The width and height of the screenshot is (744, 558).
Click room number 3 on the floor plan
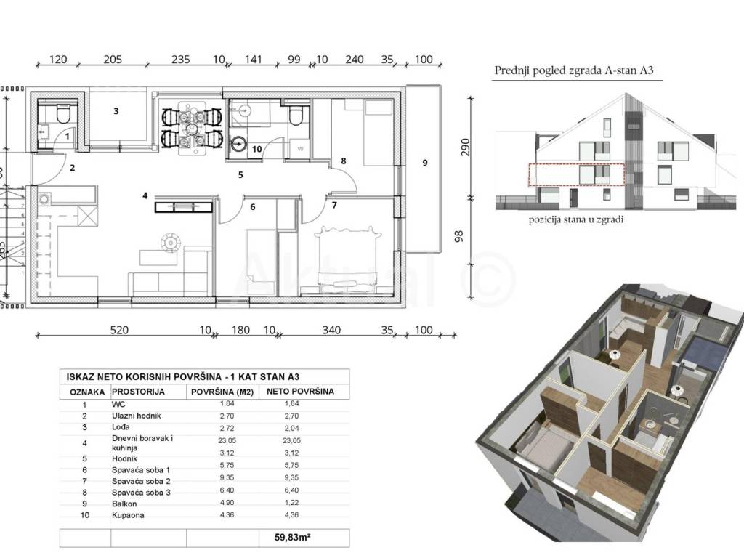coord(116,111)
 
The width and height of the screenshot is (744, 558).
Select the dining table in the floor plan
coord(192,128)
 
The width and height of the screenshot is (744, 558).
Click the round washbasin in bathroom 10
coord(238,143)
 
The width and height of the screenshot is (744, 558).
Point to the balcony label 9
coord(424,163)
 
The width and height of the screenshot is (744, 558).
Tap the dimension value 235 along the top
coord(181,60)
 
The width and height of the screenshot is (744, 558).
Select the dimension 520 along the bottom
coord(119,330)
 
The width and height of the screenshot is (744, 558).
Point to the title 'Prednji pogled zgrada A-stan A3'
coord(574,70)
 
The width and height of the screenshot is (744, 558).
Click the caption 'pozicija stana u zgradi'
coord(575,219)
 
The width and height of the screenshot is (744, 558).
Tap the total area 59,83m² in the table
coord(293,538)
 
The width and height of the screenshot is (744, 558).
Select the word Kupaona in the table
coord(128,515)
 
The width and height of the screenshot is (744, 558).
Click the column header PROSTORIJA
coord(138,392)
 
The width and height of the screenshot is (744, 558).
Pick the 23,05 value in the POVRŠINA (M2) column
coord(227,440)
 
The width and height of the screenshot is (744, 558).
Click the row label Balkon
coord(124,504)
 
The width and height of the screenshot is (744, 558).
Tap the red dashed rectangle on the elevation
coord(576,174)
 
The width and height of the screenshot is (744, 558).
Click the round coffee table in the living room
coord(170,243)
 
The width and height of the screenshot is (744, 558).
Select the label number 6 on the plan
coord(252,207)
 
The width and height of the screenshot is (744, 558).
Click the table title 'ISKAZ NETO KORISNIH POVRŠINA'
coord(145,377)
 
